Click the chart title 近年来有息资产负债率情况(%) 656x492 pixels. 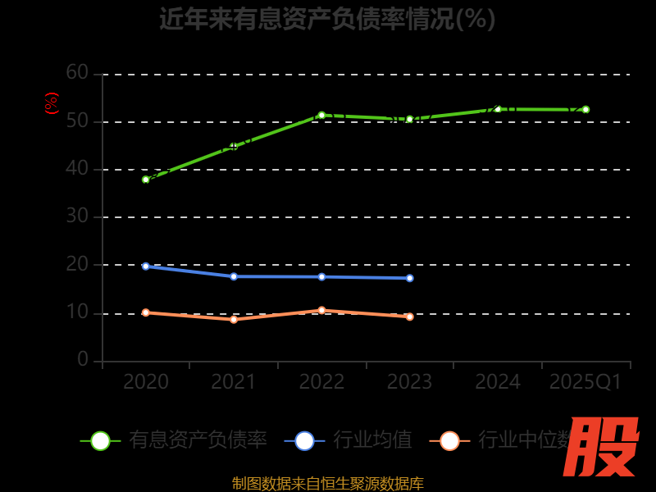click(x=327, y=18)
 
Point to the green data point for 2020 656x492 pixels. click(x=146, y=180)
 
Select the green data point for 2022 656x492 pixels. click(x=321, y=116)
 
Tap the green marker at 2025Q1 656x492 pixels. click(x=585, y=109)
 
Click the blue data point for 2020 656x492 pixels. click(x=146, y=266)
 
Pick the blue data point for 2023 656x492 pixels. click(x=410, y=278)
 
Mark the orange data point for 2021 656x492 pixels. click(x=234, y=319)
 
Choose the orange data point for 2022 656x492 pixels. click(x=321, y=310)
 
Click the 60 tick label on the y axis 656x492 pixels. click(x=77, y=73)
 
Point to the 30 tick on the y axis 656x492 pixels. click(x=77, y=216)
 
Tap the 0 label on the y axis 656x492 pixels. click(x=83, y=359)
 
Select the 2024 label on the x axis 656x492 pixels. click(x=498, y=382)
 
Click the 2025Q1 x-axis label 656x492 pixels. click(x=585, y=382)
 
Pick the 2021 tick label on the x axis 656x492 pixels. click(x=234, y=382)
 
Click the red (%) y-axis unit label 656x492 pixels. click(x=52, y=103)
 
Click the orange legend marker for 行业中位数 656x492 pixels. click(x=449, y=440)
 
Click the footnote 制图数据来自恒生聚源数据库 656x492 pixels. click(x=328, y=483)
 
